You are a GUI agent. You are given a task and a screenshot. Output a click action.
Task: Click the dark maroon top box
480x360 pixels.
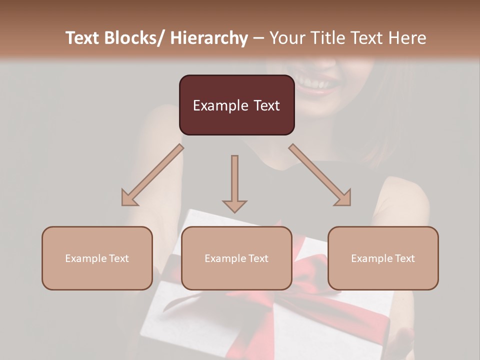click(x=236, y=105)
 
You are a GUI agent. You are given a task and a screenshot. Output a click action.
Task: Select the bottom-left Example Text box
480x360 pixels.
click(x=97, y=258)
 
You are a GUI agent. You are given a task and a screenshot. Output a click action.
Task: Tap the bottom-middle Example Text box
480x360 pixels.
click(x=236, y=258)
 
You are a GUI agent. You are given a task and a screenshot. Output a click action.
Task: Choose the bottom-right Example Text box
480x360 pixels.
click(x=383, y=258)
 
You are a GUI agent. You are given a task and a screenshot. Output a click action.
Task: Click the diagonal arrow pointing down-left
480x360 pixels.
click(x=152, y=175)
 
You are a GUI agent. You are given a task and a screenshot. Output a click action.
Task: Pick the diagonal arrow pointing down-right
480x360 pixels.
click(x=320, y=175)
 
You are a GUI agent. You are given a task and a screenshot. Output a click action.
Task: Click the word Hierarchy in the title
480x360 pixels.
click(x=209, y=38)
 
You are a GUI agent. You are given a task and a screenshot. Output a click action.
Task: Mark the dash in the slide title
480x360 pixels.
click(x=258, y=38)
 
